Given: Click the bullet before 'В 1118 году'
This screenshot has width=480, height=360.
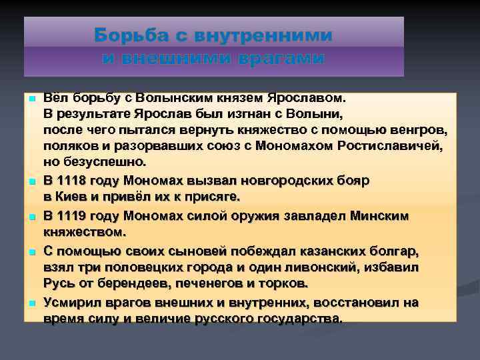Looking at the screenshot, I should [31, 181].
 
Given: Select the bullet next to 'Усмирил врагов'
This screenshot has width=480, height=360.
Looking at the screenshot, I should [31, 303].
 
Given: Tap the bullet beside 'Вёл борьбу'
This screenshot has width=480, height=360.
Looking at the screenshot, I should [31, 98].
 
